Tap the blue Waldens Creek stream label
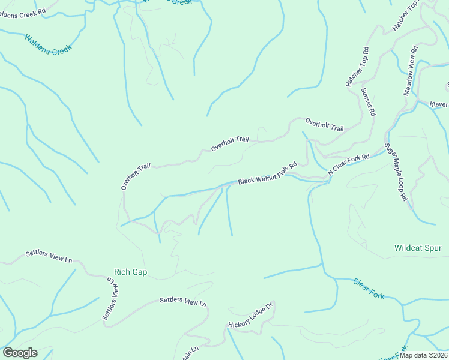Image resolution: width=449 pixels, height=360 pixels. [x=48, y=44]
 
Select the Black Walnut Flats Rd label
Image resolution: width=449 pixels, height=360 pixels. [x=268, y=173]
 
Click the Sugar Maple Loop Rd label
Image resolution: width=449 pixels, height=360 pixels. [x=396, y=172]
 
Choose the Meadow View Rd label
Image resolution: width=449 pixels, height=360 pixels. [x=410, y=71]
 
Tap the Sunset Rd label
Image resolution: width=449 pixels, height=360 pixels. [x=368, y=101]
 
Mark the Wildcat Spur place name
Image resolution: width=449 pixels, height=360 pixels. [x=418, y=248]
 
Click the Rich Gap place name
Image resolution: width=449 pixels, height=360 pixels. [x=130, y=272]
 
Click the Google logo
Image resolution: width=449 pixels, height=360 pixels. [x=20, y=353]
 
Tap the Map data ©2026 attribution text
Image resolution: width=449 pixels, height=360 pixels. [x=423, y=355]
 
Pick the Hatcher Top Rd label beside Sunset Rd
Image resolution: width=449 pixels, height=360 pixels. [x=357, y=67]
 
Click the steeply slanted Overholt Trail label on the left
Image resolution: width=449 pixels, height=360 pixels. [x=135, y=177]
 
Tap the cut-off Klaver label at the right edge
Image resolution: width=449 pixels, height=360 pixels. [x=439, y=104]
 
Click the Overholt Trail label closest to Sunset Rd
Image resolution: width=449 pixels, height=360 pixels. [x=324, y=124]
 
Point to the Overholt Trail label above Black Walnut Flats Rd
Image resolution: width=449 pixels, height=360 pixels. [x=229, y=144]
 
